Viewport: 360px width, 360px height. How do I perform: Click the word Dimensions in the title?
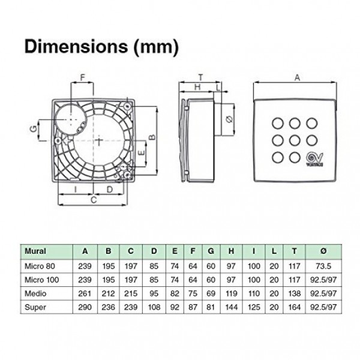[x=76, y=47]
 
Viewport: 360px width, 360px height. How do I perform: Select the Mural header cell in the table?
[x=35, y=251]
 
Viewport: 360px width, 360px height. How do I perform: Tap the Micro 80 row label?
[x=40, y=266]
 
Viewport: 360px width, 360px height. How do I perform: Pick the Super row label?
[x=35, y=307]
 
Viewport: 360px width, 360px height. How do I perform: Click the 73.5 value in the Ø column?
[x=323, y=266]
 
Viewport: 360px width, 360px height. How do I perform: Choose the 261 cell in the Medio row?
[x=85, y=293]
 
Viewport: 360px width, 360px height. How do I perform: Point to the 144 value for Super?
[x=231, y=307]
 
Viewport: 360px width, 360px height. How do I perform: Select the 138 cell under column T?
[x=294, y=293]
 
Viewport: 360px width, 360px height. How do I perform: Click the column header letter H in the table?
[x=231, y=251]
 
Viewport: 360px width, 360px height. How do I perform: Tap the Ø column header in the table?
[x=323, y=251]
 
